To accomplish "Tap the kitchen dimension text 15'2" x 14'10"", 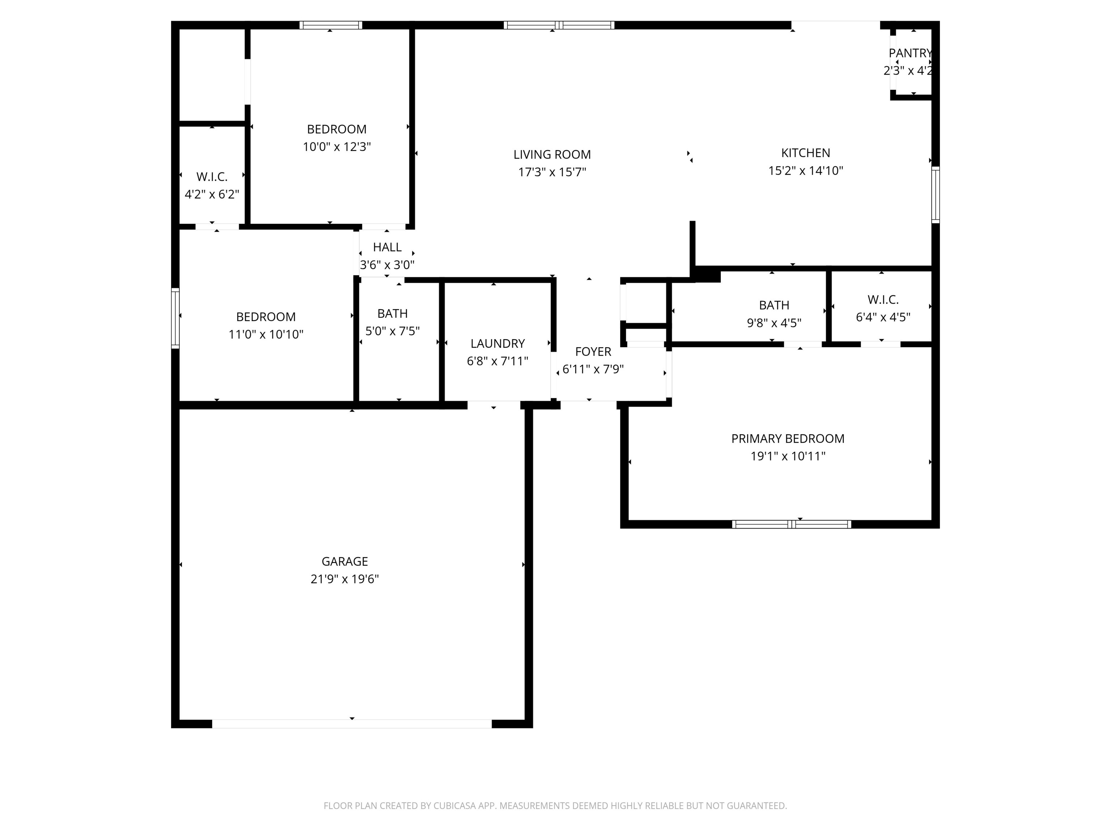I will pyautogui.click(x=805, y=171).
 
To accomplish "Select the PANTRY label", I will pyautogui.click(x=910, y=53).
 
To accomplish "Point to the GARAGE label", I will pyautogui.click(x=345, y=561).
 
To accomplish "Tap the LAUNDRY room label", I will pyautogui.click(x=497, y=344).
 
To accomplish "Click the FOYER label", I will pyautogui.click(x=593, y=352).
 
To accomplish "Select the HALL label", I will pyautogui.click(x=387, y=247).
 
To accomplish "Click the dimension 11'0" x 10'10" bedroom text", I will pyautogui.click(x=266, y=335).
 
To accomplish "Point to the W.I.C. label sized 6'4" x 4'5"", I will pyautogui.click(x=882, y=300).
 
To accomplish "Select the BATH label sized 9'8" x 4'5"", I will pyautogui.click(x=774, y=306).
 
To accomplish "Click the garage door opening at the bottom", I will pyautogui.click(x=352, y=724).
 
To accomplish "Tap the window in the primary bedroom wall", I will pyautogui.click(x=791, y=525).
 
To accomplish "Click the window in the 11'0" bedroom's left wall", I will pyautogui.click(x=175, y=318).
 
